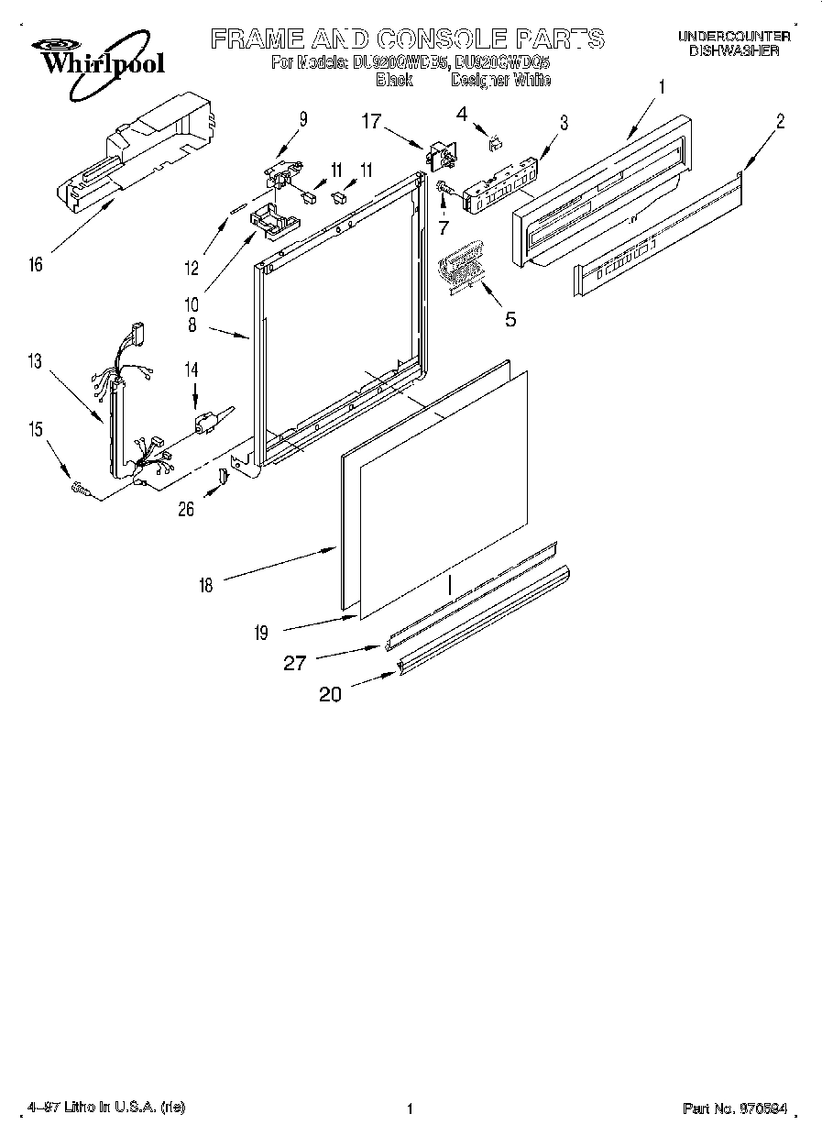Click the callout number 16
[x=36, y=265]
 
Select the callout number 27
[x=294, y=663]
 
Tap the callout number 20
[x=330, y=695]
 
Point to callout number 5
[x=510, y=319]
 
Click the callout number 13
[x=34, y=361]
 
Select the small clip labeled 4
[x=495, y=141]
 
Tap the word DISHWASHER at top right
[x=733, y=51]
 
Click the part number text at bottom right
[x=735, y=1108]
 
